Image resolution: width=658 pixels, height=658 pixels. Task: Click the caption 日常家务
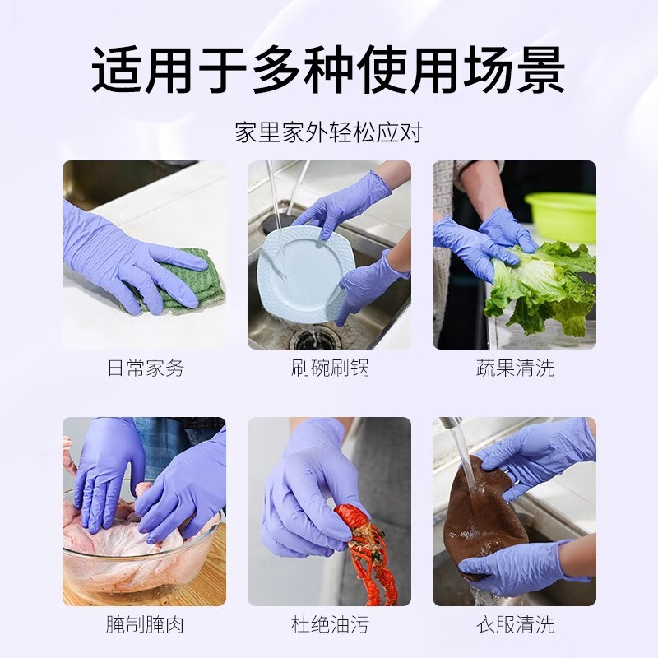tap(145, 368)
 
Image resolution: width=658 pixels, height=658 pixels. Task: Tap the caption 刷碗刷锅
tap(330, 368)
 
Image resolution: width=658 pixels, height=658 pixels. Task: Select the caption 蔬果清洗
tap(515, 368)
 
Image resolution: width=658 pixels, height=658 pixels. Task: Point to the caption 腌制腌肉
tap(145, 624)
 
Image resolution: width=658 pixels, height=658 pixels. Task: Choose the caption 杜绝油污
tap(330, 624)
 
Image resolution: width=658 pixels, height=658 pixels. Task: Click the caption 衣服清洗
tap(515, 624)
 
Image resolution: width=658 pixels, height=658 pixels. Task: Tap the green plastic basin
tap(563, 215)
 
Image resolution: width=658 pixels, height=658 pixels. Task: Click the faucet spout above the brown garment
tap(448, 424)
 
